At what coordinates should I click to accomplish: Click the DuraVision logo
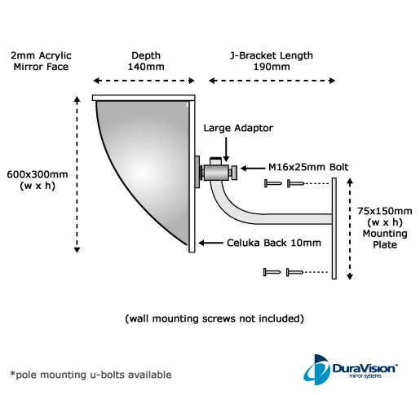click(351, 369)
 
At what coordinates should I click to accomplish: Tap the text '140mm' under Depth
click(146, 67)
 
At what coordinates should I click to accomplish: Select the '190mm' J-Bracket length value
click(272, 67)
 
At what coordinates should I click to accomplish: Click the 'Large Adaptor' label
click(238, 128)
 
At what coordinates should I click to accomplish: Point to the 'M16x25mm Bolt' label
click(308, 167)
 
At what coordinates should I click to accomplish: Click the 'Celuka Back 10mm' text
click(274, 243)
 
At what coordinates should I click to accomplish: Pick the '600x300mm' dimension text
click(38, 174)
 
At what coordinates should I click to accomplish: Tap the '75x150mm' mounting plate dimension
click(385, 211)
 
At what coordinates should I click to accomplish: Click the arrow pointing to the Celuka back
click(210, 243)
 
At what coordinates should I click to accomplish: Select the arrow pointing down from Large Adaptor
click(226, 150)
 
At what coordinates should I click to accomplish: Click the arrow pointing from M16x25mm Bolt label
click(253, 169)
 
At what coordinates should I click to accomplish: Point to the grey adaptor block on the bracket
click(216, 172)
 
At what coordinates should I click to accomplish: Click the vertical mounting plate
click(334, 228)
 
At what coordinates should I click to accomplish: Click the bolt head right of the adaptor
click(234, 173)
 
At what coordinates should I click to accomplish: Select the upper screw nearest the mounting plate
click(295, 184)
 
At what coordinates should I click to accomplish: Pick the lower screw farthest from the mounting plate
click(272, 272)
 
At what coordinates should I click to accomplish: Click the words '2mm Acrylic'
click(41, 55)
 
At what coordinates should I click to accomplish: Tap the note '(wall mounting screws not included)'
click(214, 318)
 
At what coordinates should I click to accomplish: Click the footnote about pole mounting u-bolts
click(91, 375)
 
